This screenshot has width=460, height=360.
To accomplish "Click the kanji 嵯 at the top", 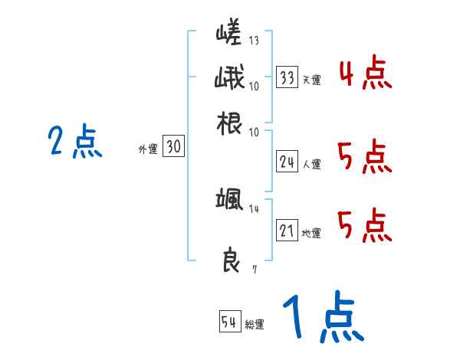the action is coord(228,35).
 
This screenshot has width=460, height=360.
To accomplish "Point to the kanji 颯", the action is coord(228,201).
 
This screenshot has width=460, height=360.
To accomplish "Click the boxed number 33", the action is coord(287,77).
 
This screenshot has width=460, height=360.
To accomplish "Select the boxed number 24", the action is coord(287,161).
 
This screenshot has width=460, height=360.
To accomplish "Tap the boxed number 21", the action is coord(287,231).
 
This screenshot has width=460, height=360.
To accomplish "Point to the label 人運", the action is coord(311,163).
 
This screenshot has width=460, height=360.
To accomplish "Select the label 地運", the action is coord(311,233).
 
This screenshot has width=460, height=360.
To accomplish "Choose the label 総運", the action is coord(255,324).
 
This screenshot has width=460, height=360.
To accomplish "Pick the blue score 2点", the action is coord(74,142).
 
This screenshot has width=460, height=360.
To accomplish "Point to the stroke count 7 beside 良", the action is coord(255,269).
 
